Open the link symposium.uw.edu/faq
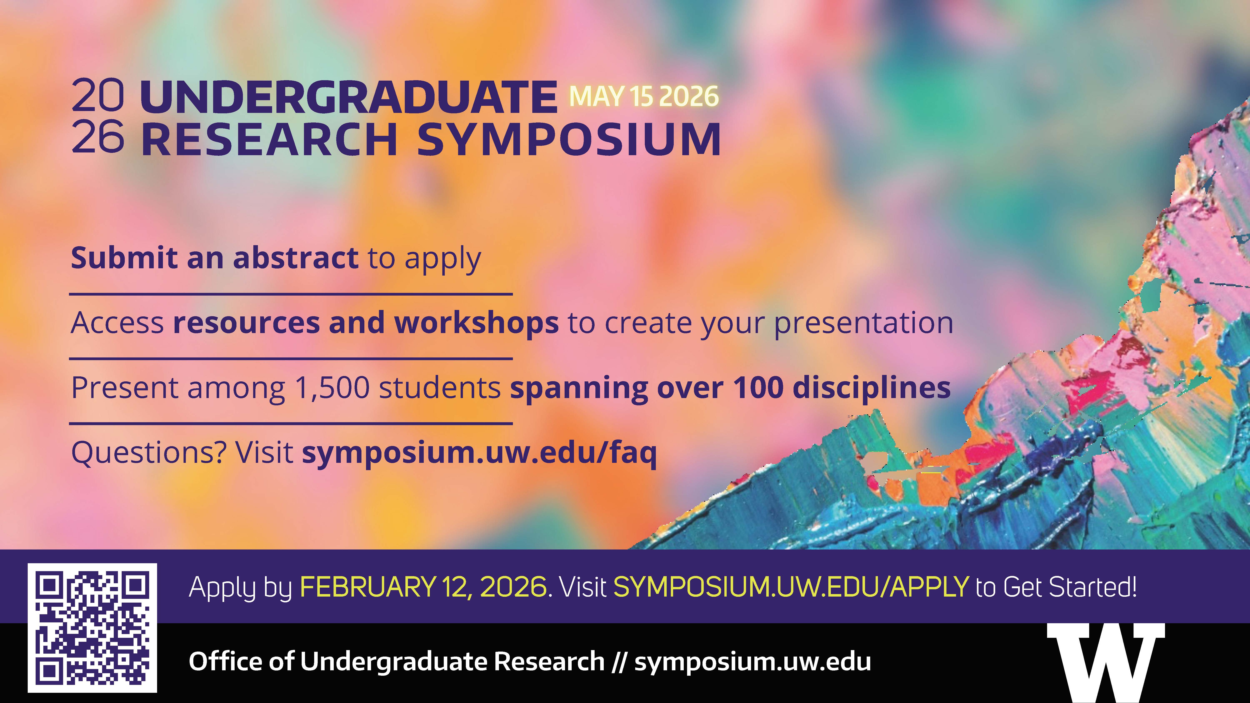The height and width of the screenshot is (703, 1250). pyautogui.click(x=479, y=453)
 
